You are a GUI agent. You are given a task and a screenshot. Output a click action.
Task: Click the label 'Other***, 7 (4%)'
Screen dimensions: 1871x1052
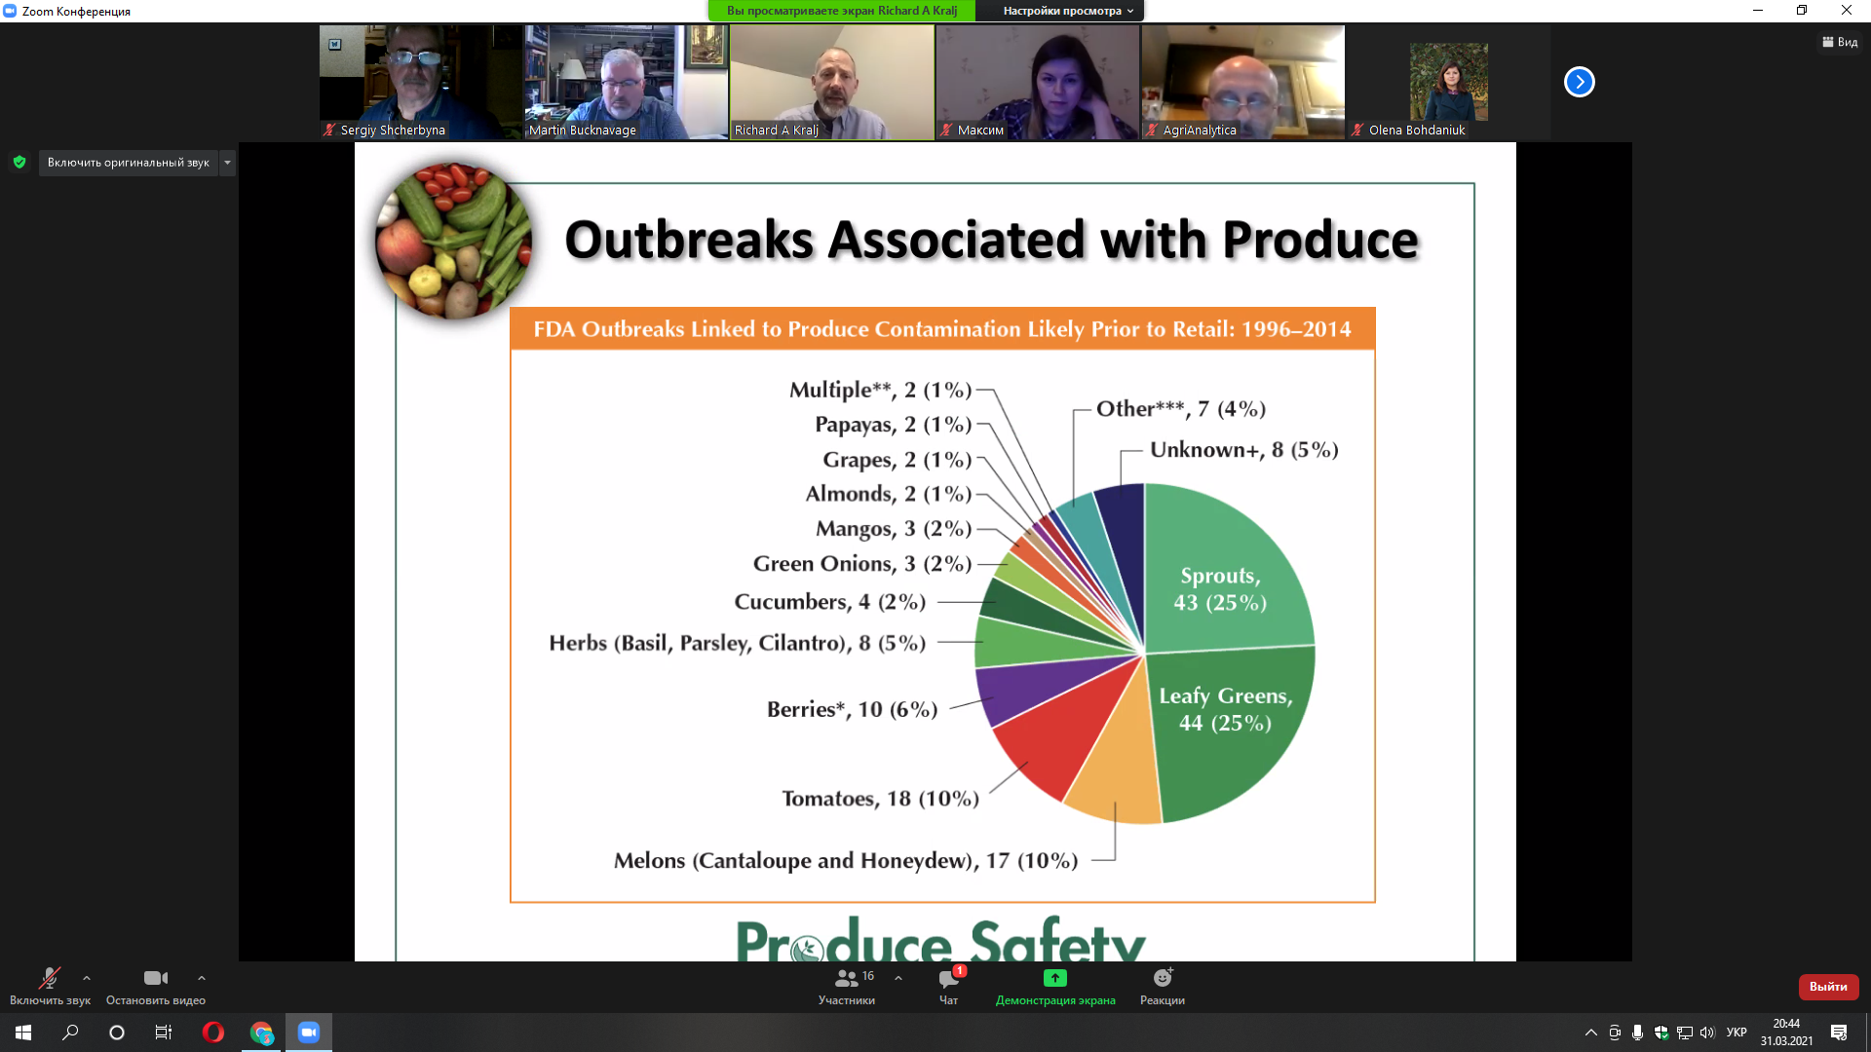pos(1181,409)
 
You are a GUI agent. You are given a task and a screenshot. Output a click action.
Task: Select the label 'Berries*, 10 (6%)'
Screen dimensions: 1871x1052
pos(852,709)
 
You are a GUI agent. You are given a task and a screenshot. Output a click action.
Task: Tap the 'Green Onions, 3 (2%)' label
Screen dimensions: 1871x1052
pos(862,564)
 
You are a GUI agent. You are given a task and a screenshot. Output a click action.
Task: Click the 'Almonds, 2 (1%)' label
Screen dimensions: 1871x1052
pos(889,494)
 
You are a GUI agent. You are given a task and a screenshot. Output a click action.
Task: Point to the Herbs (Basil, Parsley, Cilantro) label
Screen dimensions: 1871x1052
pos(737,643)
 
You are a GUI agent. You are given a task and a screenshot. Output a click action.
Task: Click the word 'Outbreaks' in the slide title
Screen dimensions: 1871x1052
pos(689,240)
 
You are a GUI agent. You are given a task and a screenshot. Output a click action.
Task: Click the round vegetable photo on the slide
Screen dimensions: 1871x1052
pos(454,241)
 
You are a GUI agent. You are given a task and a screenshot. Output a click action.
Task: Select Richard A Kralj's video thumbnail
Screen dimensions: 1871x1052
pos(832,82)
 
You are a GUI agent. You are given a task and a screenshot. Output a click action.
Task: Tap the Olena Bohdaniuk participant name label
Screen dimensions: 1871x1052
pos(1417,131)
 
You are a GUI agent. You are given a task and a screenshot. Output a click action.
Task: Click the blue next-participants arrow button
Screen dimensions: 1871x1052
pos(1580,82)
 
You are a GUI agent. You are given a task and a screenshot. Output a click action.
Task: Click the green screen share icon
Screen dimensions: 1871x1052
pos(1055,978)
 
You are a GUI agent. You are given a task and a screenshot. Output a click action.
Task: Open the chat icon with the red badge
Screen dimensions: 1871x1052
pos(949,978)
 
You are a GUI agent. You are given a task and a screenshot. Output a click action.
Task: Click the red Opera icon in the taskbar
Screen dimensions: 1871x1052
pos(213,1033)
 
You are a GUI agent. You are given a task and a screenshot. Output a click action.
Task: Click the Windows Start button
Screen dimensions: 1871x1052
pos(23,1033)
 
